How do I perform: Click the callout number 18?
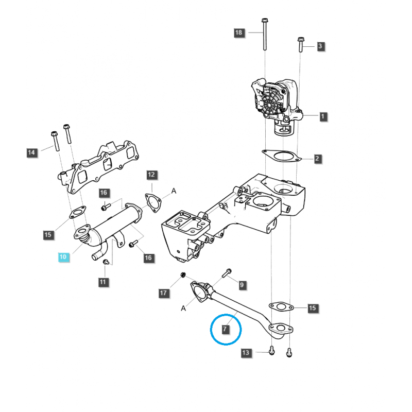[238, 32]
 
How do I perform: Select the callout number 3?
[320, 46]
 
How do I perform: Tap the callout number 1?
[323, 116]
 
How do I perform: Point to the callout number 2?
[318, 159]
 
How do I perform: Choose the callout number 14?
[32, 152]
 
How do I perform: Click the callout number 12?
[151, 175]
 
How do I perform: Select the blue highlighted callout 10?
[63, 256]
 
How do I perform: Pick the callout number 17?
[163, 293]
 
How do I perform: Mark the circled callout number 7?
[226, 328]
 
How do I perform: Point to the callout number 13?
[246, 353]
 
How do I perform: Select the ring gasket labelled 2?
[281, 155]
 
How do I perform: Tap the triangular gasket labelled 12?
[152, 201]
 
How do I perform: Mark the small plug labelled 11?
[106, 263]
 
